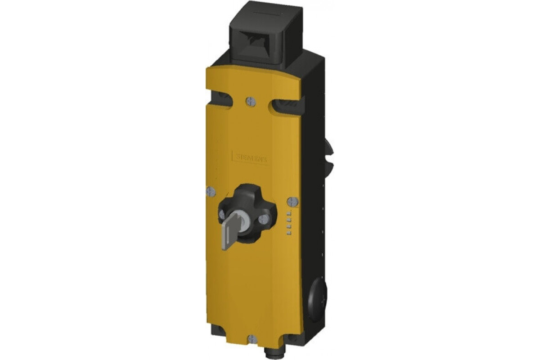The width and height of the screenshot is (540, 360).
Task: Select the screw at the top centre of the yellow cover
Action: pyautogui.click(x=251, y=102)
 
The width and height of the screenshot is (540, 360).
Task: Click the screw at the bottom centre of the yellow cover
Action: pyautogui.click(x=252, y=338)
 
